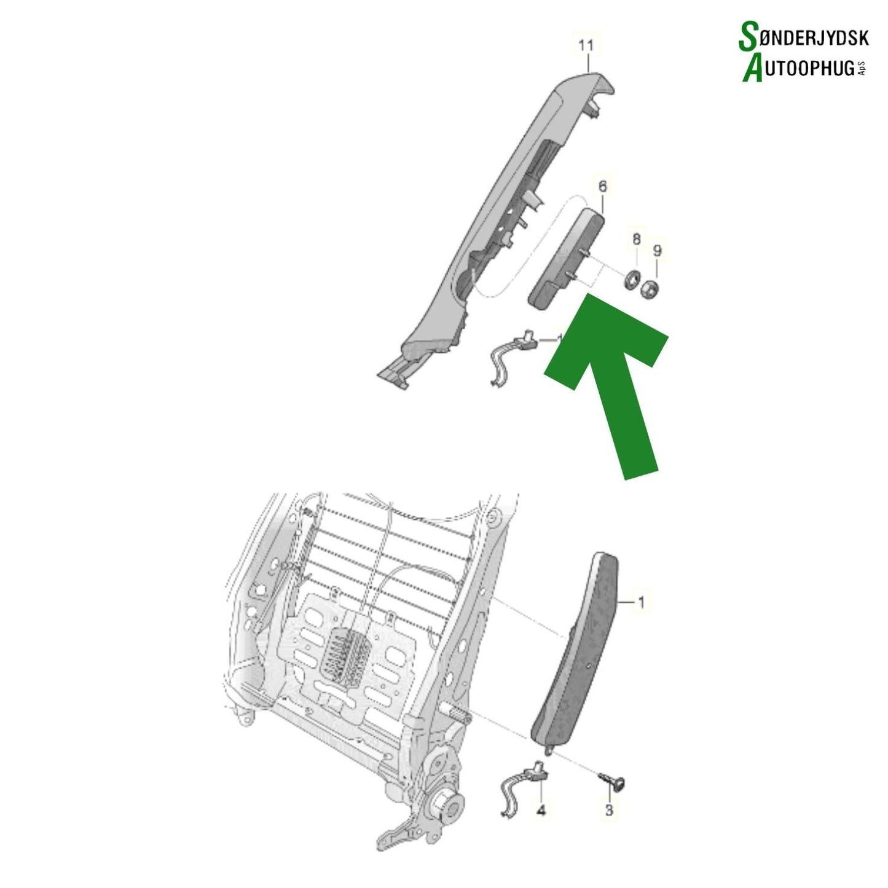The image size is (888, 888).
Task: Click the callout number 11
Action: (x=586, y=45)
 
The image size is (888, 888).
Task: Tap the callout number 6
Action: (x=602, y=186)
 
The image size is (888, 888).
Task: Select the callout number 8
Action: (x=637, y=238)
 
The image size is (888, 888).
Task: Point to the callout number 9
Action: (x=657, y=250)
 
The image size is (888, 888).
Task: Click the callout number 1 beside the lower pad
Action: (x=641, y=602)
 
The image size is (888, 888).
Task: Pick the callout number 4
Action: (x=541, y=811)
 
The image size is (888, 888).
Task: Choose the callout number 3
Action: (x=609, y=810)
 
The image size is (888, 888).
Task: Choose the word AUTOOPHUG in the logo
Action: (x=806, y=68)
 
